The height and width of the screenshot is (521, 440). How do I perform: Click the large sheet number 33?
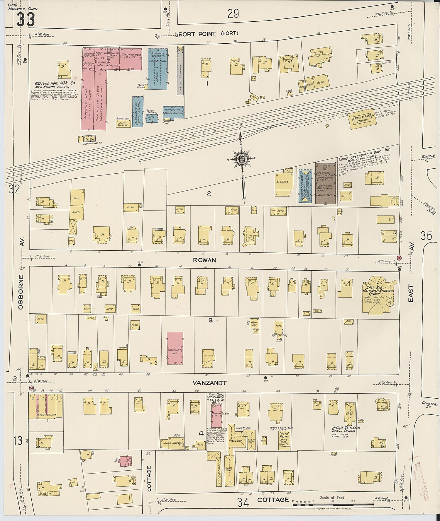tap(26, 20)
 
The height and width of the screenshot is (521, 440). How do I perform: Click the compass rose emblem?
tap(242, 159)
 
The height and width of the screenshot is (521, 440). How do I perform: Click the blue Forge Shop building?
tap(158, 69)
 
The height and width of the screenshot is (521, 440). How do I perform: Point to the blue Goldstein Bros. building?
tap(305, 186)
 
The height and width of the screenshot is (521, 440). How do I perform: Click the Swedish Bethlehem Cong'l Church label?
tap(346, 429)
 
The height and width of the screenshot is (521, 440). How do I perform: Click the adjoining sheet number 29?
tap(233, 14)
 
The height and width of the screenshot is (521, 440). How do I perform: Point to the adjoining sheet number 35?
tap(426, 236)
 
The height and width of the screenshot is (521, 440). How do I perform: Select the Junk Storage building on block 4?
tap(172, 443)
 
